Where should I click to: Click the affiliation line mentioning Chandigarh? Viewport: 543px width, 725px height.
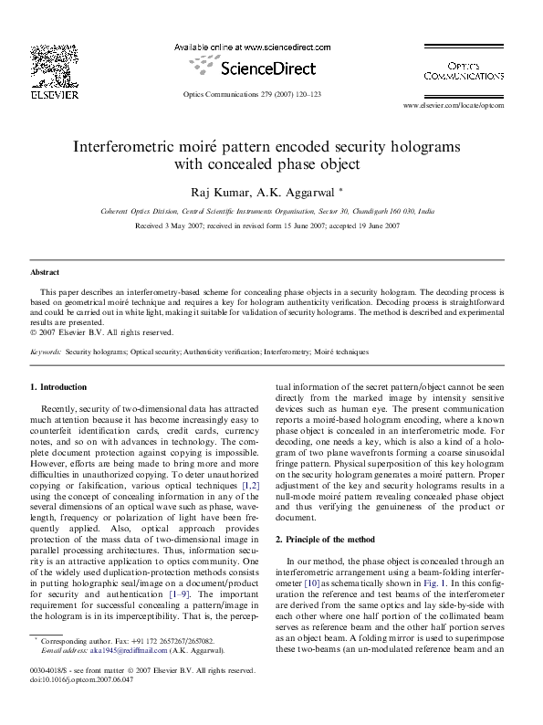click(x=254, y=211)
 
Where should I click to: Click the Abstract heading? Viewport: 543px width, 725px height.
click(x=45, y=273)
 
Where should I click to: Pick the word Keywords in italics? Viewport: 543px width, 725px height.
click(x=46, y=352)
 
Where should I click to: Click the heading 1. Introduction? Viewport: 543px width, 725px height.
click(x=59, y=387)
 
